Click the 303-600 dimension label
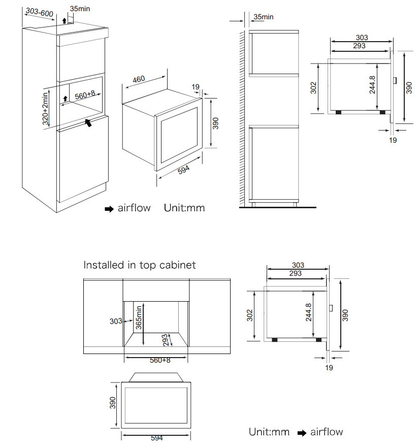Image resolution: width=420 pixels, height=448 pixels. pos(40,12)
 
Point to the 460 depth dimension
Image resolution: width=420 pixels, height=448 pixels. pos(139,79)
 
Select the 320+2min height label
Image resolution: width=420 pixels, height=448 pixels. pos(45,109)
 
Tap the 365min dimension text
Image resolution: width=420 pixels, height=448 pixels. pos(139,317)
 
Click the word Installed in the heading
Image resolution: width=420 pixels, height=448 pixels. pos(104,265)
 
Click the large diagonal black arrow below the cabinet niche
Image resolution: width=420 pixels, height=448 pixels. pos(88,122)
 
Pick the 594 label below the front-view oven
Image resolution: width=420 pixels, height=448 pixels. pos(156,438)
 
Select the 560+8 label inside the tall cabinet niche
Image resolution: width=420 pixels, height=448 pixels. pos(85,95)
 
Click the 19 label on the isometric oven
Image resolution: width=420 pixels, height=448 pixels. pos(196,86)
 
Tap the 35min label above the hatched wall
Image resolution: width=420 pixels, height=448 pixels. pos(264,17)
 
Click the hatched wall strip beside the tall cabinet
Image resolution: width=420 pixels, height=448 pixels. pos(242,118)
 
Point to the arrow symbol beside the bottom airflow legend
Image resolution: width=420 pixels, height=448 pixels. pos(302,433)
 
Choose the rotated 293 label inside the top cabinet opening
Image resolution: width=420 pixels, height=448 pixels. pos(166,340)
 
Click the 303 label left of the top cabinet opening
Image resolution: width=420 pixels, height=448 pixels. pos(116,322)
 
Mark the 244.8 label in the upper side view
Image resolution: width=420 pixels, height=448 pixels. pos(372,85)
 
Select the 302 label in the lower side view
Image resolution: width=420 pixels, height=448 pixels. pos(250,315)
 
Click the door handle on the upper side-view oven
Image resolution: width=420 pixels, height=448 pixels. pos(395,80)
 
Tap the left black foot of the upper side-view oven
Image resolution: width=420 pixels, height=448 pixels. pos(339,112)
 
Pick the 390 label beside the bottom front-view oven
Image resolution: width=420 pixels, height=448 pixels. pos(113,403)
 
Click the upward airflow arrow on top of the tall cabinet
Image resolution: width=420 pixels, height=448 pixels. pos(64,20)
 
